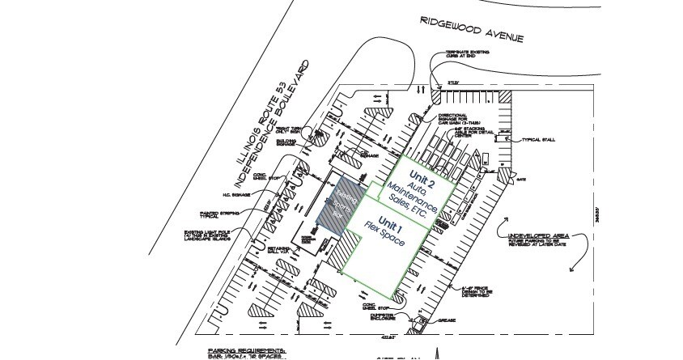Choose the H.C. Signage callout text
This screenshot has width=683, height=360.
coord(240,195)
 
